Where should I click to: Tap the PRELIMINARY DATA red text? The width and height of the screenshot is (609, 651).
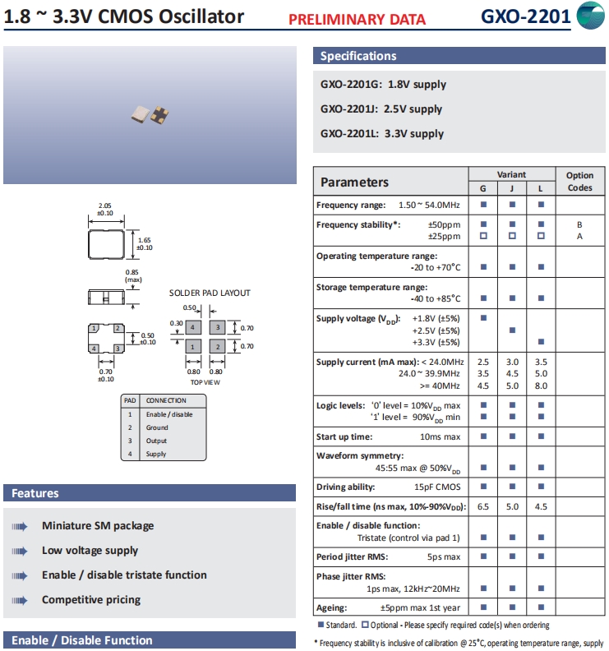click(358, 20)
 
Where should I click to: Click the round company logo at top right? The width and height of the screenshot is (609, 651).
click(591, 16)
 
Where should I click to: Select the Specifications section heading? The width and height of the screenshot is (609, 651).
click(358, 56)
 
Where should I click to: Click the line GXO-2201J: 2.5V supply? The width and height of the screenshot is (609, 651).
click(381, 108)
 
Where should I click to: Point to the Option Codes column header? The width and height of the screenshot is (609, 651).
click(579, 182)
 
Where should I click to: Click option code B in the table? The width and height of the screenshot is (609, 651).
click(579, 224)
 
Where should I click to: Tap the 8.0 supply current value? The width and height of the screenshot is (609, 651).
click(540, 385)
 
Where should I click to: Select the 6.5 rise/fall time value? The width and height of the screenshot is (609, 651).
click(483, 506)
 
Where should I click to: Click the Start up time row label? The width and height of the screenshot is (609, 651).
click(344, 436)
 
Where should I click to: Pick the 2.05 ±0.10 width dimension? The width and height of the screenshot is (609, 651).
click(105, 209)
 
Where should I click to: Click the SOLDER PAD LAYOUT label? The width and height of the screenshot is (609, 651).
click(210, 293)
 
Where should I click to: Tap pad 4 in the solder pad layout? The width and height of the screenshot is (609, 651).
click(192, 327)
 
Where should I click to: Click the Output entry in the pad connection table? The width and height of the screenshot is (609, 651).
click(156, 441)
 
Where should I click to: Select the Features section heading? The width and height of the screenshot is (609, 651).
click(35, 493)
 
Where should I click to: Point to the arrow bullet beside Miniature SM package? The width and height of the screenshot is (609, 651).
click(20, 526)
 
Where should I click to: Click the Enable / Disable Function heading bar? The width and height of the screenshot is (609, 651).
click(82, 640)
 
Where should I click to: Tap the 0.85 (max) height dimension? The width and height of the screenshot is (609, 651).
click(133, 275)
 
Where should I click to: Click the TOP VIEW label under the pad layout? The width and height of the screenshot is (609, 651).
click(205, 382)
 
